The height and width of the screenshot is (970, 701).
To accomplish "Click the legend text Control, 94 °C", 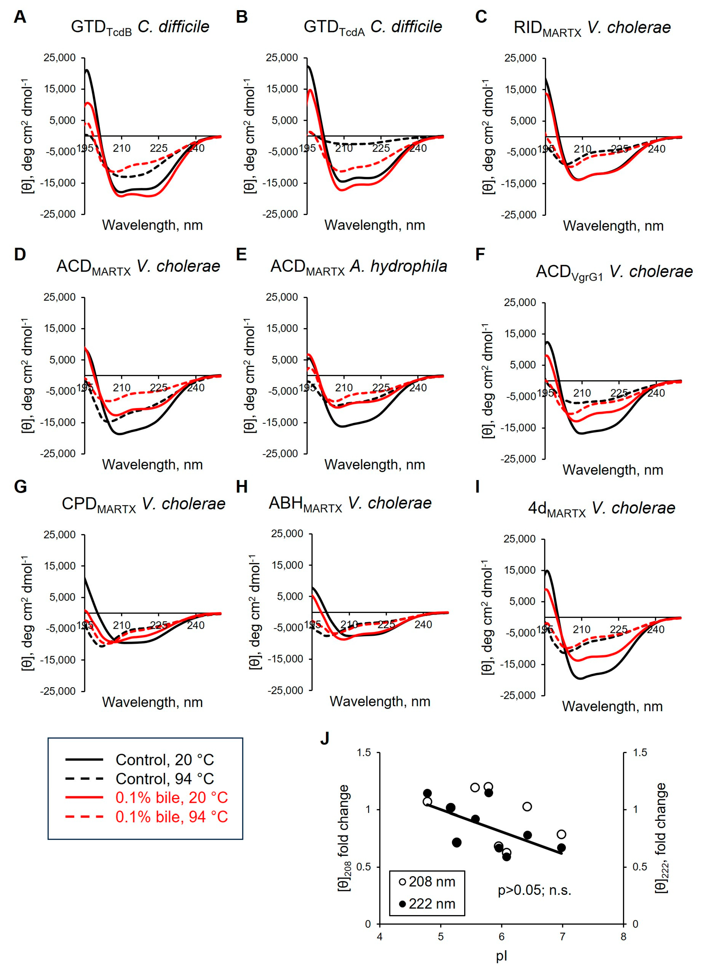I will (x=165, y=779).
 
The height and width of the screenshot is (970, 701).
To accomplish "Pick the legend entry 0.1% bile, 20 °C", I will (x=171, y=798).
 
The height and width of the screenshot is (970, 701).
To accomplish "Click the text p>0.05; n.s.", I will (x=534, y=890).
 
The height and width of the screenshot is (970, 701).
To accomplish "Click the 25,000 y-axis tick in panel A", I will (x=59, y=58).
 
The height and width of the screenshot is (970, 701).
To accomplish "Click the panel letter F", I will (x=480, y=254).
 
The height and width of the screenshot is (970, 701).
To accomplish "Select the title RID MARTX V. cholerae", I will (x=592, y=28).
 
